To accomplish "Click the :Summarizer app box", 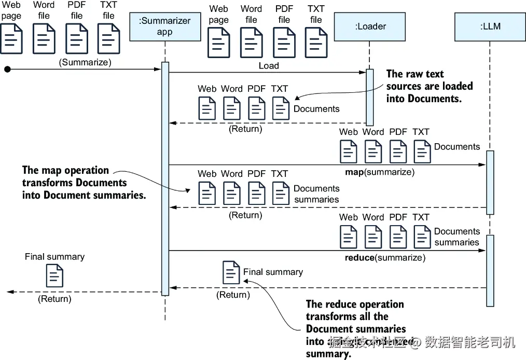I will click(165, 26).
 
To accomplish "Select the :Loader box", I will click(370, 26).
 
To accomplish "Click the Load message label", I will click(269, 66).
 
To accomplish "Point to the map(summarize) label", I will click(380, 172).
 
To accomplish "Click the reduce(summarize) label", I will click(385, 257).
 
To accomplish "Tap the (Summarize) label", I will click(85, 62).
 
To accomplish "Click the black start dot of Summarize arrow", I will click(7, 68).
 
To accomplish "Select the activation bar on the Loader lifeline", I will click(370, 96).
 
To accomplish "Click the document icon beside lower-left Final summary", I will click(54, 275).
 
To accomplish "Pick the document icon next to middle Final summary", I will click(231, 273).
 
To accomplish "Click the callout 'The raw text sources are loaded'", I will click(430, 86).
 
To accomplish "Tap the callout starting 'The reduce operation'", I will click(356, 328).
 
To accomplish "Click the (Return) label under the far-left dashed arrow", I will click(54, 299).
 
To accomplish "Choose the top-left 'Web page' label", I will click(11, 10).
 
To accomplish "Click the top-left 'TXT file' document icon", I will click(108, 38).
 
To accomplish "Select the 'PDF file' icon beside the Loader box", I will click(284, 42).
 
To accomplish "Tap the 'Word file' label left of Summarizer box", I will click(44, 10).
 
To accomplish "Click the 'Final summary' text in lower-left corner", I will click(54, 257).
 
